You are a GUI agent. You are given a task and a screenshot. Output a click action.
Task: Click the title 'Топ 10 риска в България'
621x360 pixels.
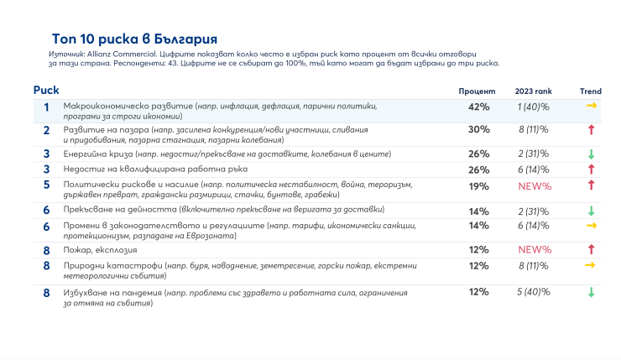133,39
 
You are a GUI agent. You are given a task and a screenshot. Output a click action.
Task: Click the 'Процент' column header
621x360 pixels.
477,91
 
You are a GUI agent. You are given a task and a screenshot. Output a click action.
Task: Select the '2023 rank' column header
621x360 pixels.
534,91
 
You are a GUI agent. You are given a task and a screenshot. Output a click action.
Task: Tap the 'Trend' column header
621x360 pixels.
590,91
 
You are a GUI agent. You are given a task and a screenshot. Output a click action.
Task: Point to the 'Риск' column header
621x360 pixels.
46,90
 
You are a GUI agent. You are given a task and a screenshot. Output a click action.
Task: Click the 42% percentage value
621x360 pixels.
478,107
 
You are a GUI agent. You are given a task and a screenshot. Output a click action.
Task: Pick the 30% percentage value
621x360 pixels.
478,129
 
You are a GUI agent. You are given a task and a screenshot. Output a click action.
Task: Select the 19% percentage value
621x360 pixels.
478,185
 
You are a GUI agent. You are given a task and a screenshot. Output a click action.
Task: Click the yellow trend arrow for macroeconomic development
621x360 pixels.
591,107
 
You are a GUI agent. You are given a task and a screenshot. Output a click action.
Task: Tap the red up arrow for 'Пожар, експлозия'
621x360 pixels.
591,249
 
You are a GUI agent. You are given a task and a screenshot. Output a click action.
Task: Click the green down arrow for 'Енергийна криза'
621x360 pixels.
591,154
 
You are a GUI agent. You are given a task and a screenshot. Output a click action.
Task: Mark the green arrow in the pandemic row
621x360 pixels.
591,292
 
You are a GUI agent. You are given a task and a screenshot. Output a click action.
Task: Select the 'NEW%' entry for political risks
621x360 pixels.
535,185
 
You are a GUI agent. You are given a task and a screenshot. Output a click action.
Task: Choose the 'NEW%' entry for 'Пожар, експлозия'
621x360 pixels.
535,249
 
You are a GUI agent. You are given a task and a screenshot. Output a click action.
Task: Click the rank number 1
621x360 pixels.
46,107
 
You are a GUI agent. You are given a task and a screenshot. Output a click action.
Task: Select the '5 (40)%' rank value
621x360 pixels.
533,292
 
